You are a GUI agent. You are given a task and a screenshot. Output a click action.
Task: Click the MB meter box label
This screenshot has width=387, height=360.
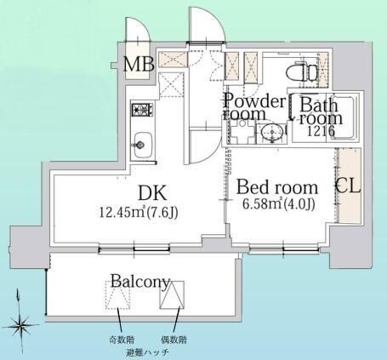(x=139, y=64)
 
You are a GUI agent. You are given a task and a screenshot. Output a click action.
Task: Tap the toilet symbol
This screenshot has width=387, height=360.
(x=303, y=72)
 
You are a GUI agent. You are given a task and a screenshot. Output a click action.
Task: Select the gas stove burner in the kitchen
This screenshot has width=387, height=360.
(x=143, y=109)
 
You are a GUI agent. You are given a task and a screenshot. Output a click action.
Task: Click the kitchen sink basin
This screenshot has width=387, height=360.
(x=143, y=146)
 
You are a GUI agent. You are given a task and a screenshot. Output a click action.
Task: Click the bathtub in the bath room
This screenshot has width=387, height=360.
(x=343, y=117)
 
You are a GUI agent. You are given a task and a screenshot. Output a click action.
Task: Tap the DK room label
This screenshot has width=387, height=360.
(x=152, y=193)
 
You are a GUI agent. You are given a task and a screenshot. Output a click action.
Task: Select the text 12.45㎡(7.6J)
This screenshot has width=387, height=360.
(x=139, y=212)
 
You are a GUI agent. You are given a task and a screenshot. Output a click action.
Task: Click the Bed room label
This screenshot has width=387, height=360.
(x=277, y=187)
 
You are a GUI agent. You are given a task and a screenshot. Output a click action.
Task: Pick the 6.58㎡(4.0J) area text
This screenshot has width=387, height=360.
(x=279, y=204)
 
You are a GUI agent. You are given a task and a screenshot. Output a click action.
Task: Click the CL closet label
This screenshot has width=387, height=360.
(x=348, y=186)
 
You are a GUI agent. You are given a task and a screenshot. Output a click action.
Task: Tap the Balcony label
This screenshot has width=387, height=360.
(x=140, y=282)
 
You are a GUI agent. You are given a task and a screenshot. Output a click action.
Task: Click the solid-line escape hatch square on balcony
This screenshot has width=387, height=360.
(x=172, y=295)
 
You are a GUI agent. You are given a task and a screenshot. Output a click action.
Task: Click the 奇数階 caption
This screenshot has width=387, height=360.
(x=122, y=340)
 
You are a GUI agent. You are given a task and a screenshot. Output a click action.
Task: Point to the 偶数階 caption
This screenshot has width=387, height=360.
(x=174, y=340)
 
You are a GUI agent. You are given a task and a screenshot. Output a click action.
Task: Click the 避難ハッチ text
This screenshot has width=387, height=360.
(x=148, y=353)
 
